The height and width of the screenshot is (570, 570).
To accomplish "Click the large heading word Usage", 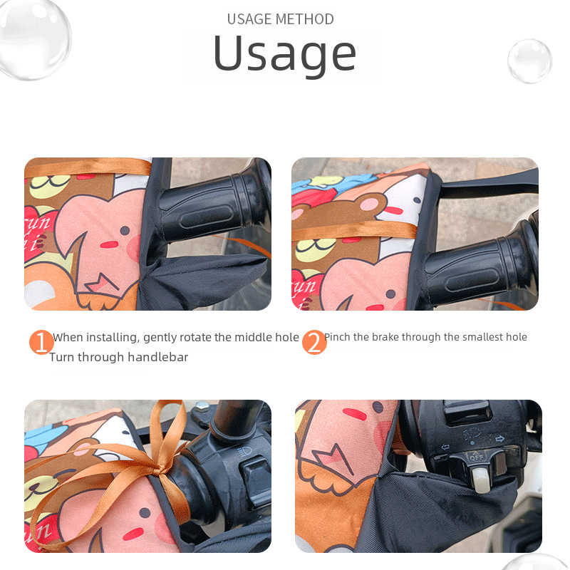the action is (284, 55).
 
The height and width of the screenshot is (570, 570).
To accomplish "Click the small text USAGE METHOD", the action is (280, 19).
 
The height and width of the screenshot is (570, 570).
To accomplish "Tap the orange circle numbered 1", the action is (41, 342).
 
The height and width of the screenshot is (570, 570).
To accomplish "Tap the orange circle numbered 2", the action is (314, 342).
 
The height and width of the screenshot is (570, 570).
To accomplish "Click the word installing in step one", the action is (113, 338).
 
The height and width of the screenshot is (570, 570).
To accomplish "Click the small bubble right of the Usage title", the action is (529, 61).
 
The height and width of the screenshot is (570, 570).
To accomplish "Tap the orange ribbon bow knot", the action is (159, 470).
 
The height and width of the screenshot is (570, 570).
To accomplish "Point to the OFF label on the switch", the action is (476, 457).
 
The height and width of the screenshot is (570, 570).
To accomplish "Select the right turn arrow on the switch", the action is (500, 439).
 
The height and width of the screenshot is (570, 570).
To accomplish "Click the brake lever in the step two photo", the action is (487, 183).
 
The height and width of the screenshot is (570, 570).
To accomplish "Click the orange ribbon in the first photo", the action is (87, 167).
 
